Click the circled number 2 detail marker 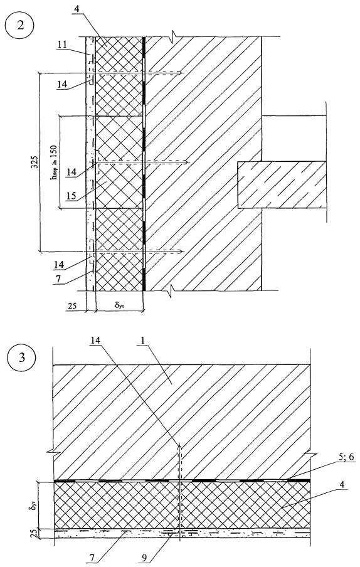20,26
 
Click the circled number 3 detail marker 22,358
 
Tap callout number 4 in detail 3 342,487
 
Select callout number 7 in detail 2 58,278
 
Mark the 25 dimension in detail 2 72,306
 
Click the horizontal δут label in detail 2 120,306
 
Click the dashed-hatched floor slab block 282,185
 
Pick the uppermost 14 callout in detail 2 62,85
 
